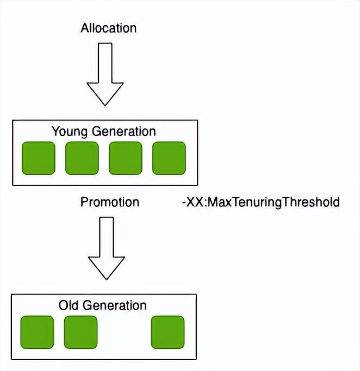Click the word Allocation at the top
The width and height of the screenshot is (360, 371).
coord(109,28)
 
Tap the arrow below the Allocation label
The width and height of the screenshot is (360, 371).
coord(105,74)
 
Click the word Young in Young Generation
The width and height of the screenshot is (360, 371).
coord(70,132)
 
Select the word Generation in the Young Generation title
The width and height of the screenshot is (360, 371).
coord(123,131)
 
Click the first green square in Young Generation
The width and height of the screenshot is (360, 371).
coord(38,158)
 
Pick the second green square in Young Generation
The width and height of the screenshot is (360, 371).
coord(82,158)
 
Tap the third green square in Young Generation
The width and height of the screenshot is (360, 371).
coord(126,158)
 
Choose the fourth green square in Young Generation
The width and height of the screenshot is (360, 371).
coord(169,158)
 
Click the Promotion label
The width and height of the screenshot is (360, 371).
coord(110,202)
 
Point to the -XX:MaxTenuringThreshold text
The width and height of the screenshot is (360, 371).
coord(261,202)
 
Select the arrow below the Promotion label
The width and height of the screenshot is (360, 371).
coord(107,248)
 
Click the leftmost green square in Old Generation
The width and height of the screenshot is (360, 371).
coord(37,332)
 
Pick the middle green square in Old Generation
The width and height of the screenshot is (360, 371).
coord(80,332)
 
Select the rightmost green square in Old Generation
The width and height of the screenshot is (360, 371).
coord(167,332)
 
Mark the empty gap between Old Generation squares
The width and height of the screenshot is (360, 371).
coord(124,332)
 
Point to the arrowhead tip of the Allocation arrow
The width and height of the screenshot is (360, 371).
coord(105,106)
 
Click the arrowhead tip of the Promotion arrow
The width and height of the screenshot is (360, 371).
coord(107,280)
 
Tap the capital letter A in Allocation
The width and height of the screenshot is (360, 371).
coord(84,28)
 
